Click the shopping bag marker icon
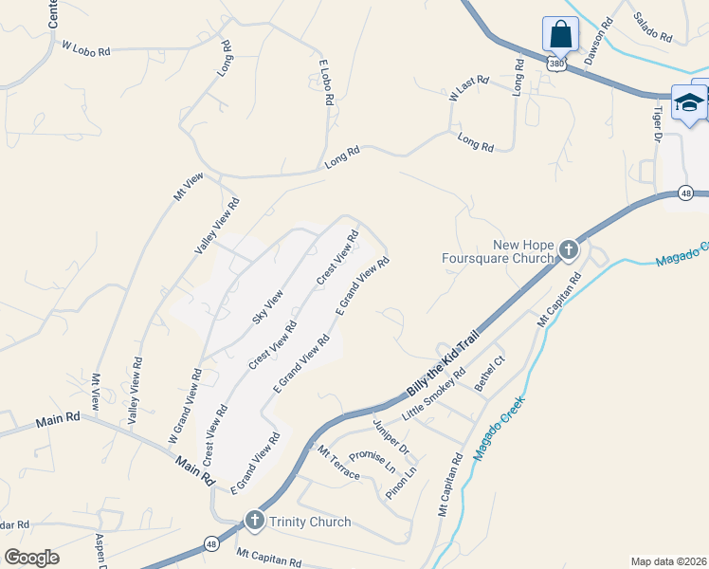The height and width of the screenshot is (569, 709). (x=560, y=35)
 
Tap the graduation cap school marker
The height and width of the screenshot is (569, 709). (x=689, y=102)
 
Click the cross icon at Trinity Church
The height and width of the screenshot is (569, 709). (x=254, y=521)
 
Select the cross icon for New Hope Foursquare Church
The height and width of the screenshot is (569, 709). (x=568, y=250)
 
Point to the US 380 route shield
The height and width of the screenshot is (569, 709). (x=557, y=64)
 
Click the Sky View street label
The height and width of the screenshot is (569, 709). (x=267, y=307)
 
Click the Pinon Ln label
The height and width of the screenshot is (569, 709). (x=401, y=483)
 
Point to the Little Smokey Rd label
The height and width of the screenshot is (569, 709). (x=433, y=395)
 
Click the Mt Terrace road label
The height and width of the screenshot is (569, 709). (x=339, y=461)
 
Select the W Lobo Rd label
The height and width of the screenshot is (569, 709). (x=87, y=45)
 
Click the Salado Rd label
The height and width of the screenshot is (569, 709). (x=652, y=28)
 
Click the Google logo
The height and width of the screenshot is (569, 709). (x=31, y=557)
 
